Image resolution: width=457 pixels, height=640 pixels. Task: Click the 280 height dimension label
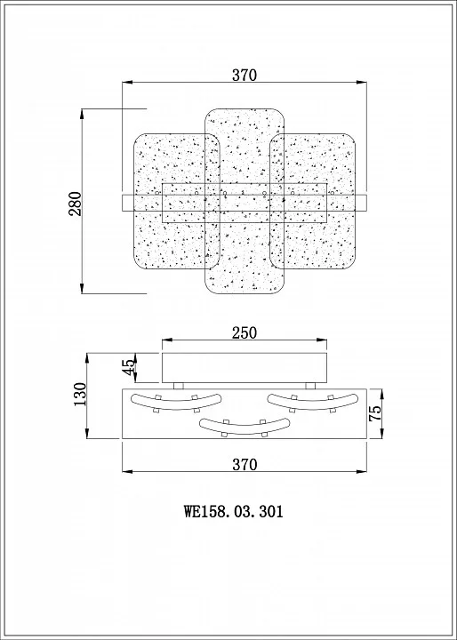click(76, 204)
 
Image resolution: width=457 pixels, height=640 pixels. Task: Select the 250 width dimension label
click(245, 333)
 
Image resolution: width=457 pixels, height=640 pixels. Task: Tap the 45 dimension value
click(128, 367)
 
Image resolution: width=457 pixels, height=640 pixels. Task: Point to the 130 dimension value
click(80, 394)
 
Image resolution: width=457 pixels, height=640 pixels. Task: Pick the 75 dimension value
click(375, 413)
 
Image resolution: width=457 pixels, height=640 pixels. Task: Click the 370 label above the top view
click(245, 75)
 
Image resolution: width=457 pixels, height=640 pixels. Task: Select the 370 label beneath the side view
click(245, 465)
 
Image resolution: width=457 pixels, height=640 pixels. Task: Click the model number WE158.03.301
click(234, 511)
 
